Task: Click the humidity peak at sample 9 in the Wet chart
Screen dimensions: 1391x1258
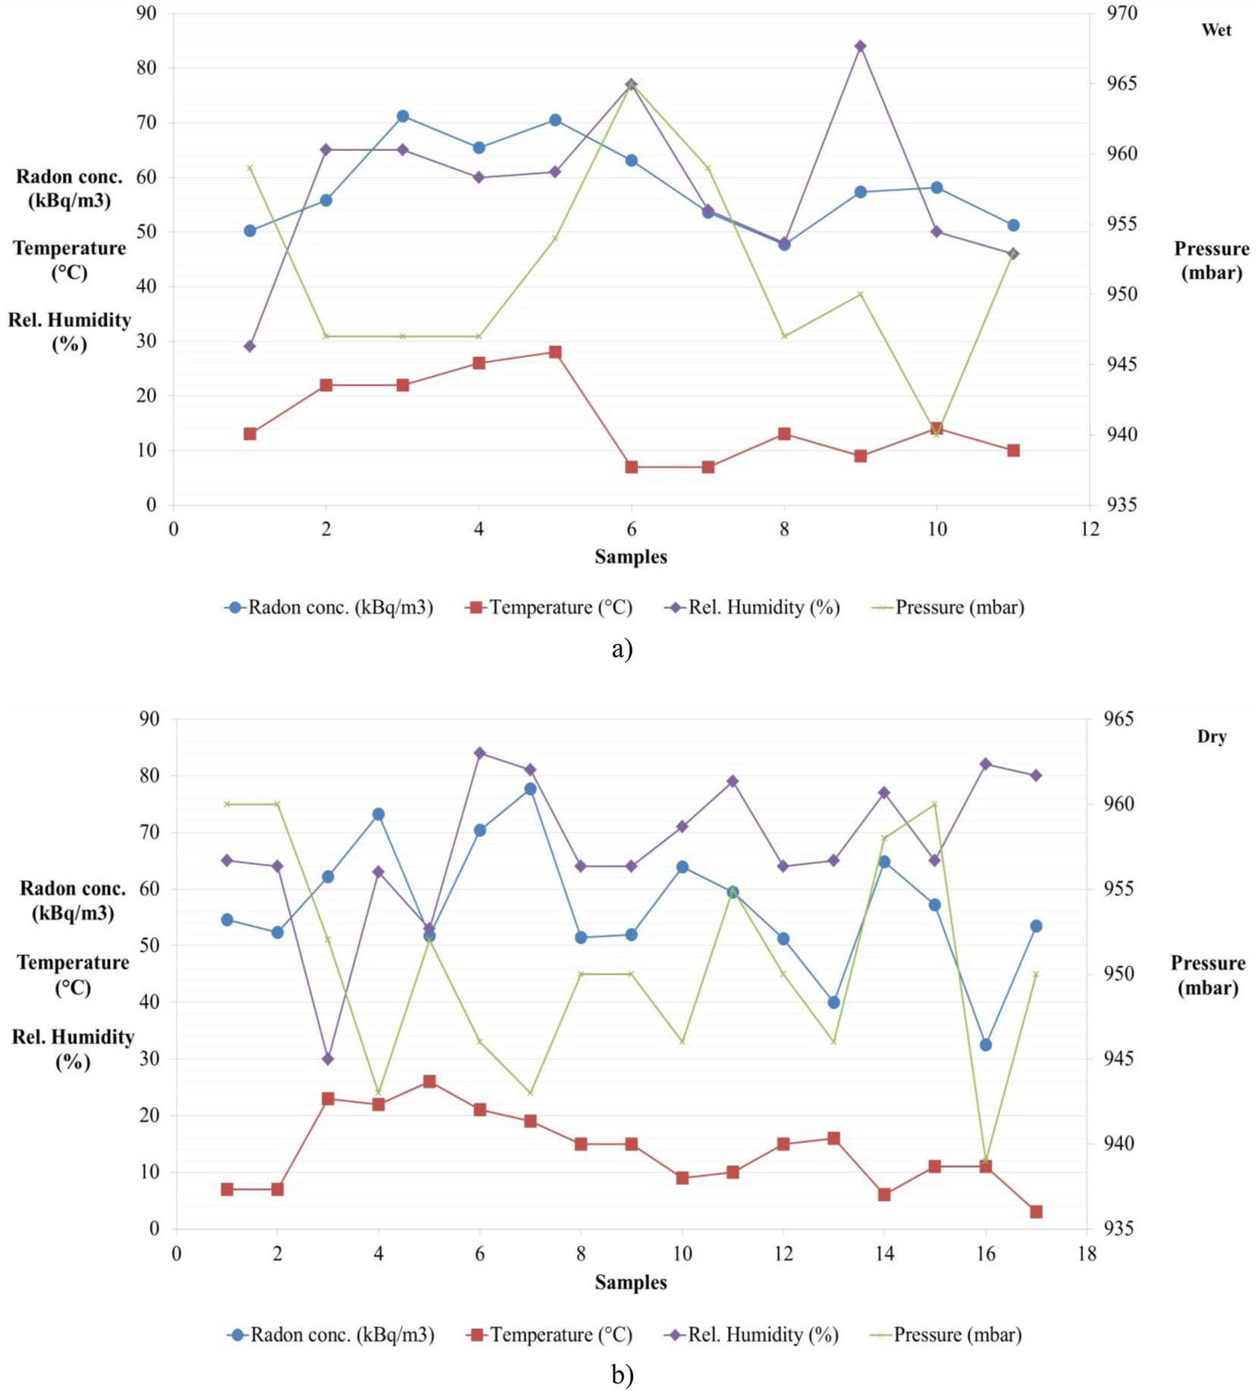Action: tap(860, 46)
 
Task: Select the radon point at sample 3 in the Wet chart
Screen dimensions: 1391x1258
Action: tap(403, 116)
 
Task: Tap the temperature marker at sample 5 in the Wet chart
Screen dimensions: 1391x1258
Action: tap(555, 352)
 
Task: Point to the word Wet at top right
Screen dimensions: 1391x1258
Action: tap(1216, 30)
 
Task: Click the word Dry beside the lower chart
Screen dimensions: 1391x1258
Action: tap(1212, 736)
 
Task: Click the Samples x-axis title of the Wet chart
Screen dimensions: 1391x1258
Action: tap(630, 557)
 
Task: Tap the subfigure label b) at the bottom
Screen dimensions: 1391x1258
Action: tap(622, 1375)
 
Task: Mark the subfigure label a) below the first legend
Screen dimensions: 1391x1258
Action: tap(622, 649)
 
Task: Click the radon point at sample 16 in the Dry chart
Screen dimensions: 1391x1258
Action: tap(985, 1045)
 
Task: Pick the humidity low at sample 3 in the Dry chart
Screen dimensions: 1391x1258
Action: tap(328, 1058)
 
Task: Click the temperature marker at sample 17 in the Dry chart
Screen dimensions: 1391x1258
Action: tap(1036, 1211)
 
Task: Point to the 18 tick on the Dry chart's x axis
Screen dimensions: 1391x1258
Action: tap(1087, 1255)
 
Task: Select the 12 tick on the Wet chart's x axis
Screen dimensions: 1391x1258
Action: tap(1090, 529)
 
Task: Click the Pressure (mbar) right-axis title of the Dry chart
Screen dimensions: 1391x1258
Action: tap(1207, 976)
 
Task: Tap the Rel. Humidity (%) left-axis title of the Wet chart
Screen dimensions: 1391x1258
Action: tap(69, 331)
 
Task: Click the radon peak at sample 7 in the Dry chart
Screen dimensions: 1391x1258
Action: tap(530, 789)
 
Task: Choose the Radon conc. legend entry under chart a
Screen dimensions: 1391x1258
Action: tap(330, 607)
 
